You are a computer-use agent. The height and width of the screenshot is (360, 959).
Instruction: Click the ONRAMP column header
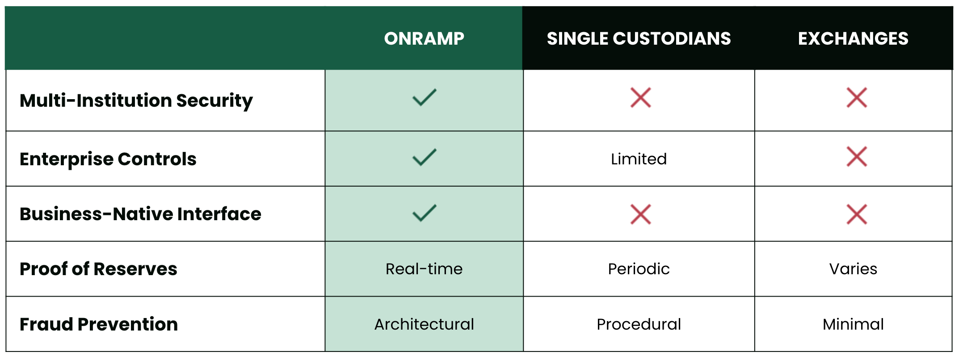[x=424, y=39]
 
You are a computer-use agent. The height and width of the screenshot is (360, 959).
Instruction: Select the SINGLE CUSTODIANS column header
[x=639, y=39]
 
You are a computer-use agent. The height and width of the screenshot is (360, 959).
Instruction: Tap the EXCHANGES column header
[x=853, y=39]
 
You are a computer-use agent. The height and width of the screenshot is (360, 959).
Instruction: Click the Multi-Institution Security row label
[x=136, y=100]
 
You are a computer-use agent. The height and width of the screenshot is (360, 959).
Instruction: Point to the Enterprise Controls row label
[x=108, y=159]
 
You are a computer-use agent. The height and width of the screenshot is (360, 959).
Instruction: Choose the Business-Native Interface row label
[x=140, y=214]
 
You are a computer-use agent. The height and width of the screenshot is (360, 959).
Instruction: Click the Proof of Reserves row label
[x=98, y=269]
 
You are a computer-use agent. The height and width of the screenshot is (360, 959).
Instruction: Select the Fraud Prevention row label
[x=99, y=324]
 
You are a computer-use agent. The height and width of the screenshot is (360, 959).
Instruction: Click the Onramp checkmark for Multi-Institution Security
[x=424, y=97]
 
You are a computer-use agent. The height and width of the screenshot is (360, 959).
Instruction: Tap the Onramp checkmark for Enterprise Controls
[x=424, y=157]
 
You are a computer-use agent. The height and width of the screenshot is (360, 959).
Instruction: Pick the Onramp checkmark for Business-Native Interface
[x=424, y=213]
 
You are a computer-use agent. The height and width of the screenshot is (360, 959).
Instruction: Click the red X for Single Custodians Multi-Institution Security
[x=640, y=98]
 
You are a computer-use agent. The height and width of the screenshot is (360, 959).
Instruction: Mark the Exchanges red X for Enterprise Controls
[x=857, y=157]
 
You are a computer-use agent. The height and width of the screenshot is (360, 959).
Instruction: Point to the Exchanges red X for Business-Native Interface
[x=857, y=214]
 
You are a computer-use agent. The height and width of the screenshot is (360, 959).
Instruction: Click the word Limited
[x=639, y=159]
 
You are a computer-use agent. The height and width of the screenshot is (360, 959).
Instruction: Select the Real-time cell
[x=424, y=269]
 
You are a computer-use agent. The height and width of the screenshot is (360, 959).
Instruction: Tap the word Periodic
[x=639, y=269]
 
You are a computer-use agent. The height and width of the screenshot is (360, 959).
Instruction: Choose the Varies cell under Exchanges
[x=853, y=269]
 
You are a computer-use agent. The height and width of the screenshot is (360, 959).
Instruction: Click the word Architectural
[x=424, y=324]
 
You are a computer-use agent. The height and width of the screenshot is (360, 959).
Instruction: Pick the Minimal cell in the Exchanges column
[x=853, y=324]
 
